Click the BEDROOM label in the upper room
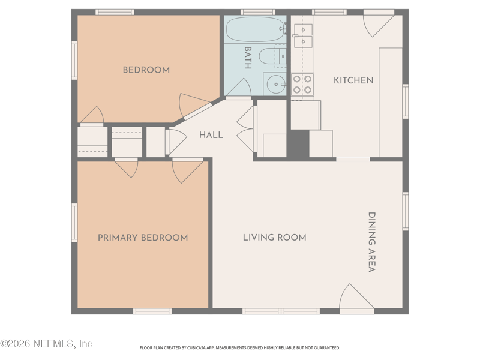click(x=146, y=70)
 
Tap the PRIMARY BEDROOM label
click(x=143, y=238)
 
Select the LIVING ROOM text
click(x=275, y=238)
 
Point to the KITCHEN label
click(x=353, y=80)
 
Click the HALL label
click(x=211, y=135)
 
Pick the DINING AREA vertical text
click(x=371, y=242)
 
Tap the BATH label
click(x=248, y=58)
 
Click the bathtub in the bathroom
click(x=256, y=29)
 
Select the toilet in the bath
click(x=272, y=56)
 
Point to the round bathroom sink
click(x=276, y=84)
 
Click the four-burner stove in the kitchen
click(x=302, y=85)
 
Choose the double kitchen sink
click(x=303, y=35)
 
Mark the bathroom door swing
click(x=239, y=88)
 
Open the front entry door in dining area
click(x=356, y=297)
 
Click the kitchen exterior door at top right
click(x=379, y=24)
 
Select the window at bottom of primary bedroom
click(x=152, y=311)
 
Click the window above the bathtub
click(x=257, y=12)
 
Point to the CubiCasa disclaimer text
click(x=239, y=348)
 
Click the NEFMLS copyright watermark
click(x=46, y=343)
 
